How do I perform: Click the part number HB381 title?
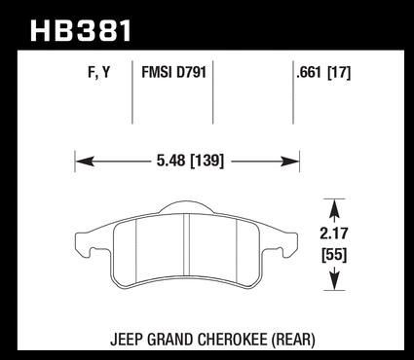[x=81, y=31]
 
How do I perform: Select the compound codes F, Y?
[x=99, y=72]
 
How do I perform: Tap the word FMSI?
[x=157, y=72]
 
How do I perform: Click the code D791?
[x=191, y=72]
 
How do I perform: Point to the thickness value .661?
[x=309, y=72]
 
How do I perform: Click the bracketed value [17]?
[x=339, y=73]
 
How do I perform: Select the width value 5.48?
[x=170, y=161]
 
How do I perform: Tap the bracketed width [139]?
[x=207, y=161]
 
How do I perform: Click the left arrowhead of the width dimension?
[x=85, y=162]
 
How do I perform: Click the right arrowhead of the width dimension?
[x=289, y=162]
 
